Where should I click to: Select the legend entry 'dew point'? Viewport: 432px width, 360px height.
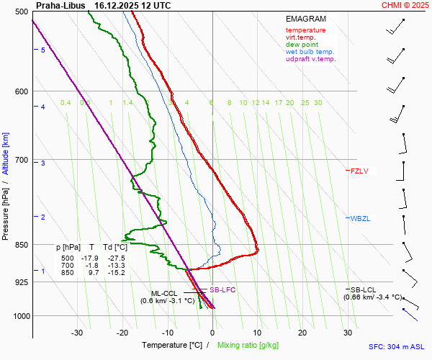click(303, 45)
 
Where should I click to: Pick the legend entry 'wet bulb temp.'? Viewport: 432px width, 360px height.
click(310, 52)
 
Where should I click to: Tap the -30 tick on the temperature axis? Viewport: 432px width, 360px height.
click(77, 333)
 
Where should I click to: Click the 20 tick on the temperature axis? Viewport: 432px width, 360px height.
click(302, 333)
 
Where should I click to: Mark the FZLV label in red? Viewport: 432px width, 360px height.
click(359, 171)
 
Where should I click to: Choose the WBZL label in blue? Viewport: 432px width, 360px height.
click(359, 218)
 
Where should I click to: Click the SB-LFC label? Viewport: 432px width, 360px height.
click(222, 289)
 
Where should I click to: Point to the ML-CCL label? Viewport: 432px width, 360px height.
click(163, 293)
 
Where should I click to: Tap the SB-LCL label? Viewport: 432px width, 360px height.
click(364, 289)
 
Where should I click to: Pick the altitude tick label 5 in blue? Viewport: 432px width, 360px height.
click(43, 50)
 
